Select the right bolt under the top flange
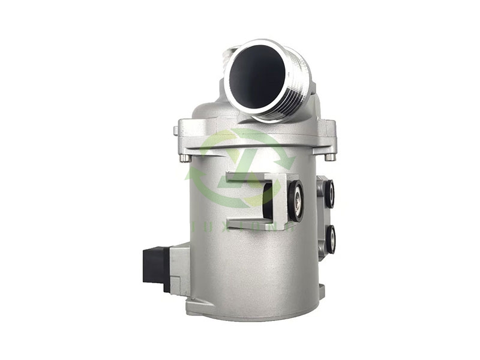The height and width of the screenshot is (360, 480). (329, 157)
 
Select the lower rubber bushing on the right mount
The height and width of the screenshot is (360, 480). (330, 238)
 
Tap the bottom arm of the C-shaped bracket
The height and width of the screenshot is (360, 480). (252, 218)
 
